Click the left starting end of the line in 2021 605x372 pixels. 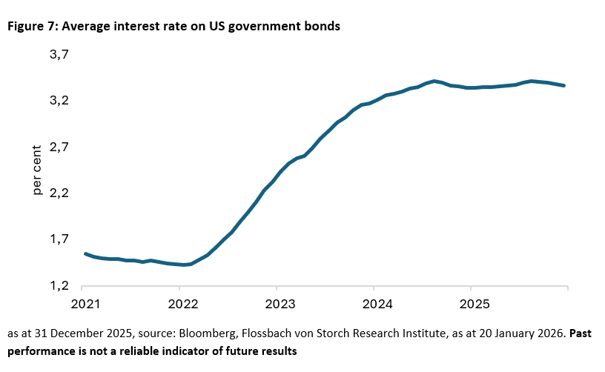point(86,253)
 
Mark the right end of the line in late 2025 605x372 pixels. point(564,86)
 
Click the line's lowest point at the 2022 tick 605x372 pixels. point(182,265)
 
